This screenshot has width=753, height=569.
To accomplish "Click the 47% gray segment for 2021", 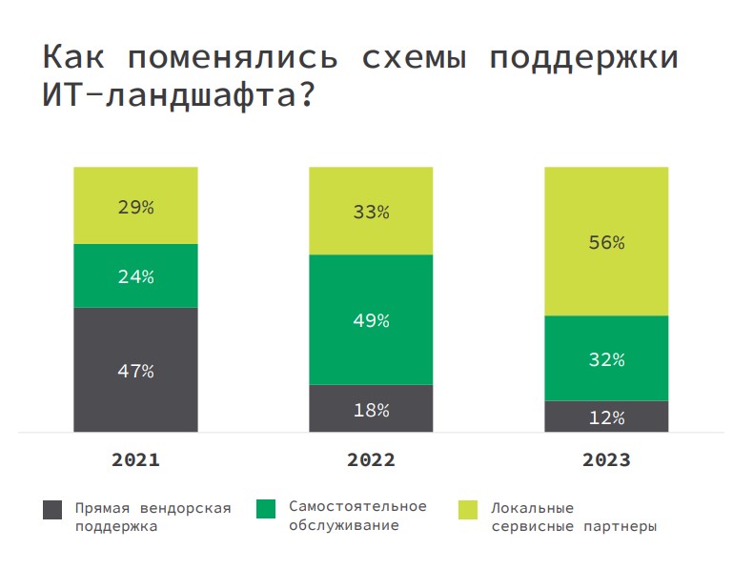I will pos(135,370).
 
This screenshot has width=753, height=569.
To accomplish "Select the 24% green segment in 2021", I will pos(135,276).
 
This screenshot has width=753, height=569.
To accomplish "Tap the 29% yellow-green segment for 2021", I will pos(135,206).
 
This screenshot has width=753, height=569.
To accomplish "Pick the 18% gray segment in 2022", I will pos(371,410).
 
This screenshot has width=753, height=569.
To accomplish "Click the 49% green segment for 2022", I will pos(371,320).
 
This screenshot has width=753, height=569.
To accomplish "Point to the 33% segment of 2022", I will pos(371,212).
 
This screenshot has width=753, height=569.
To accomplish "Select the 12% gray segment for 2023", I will pos(606,417).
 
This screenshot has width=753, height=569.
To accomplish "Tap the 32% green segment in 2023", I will pos(606,359).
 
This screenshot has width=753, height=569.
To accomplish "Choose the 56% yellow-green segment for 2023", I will pos(606,242).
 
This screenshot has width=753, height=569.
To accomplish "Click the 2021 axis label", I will pos(135,459).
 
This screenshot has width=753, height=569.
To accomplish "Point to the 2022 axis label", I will pos(371,459).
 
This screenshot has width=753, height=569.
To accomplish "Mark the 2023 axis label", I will pos(606,459).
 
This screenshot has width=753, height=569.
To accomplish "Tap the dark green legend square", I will pos(267,509).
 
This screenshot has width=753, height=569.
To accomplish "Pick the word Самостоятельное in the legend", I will pos(357,506).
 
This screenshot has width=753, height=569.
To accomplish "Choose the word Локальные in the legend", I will pos(532,507).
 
